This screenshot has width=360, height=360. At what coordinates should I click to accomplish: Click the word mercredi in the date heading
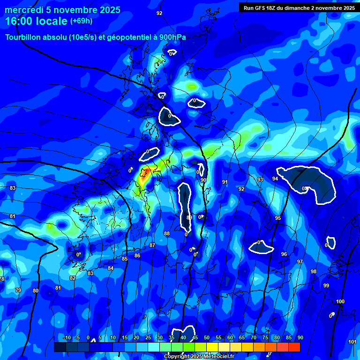[23, 10]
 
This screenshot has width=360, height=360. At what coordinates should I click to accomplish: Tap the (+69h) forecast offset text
[81, 21]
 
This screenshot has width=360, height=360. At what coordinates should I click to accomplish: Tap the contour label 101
[352, 342]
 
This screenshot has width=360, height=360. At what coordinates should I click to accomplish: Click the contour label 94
[275, 179]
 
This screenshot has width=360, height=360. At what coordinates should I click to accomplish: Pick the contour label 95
[278, 218]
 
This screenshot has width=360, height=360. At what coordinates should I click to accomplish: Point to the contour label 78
[2, 279]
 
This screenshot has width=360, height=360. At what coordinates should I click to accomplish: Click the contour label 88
[167, 233]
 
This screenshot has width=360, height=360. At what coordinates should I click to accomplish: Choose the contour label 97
[300, 262]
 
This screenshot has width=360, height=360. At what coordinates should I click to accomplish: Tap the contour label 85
[125, 259]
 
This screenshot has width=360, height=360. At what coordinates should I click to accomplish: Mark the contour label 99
[326, 285]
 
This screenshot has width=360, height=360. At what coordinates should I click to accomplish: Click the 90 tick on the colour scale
[300, 337]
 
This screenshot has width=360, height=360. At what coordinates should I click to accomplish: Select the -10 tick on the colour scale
[67, 337]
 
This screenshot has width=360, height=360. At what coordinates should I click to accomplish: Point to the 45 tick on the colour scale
[195, 337]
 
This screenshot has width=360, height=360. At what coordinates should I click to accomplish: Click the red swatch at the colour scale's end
[294, 347]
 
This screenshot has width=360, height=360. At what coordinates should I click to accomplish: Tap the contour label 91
[225, 182]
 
